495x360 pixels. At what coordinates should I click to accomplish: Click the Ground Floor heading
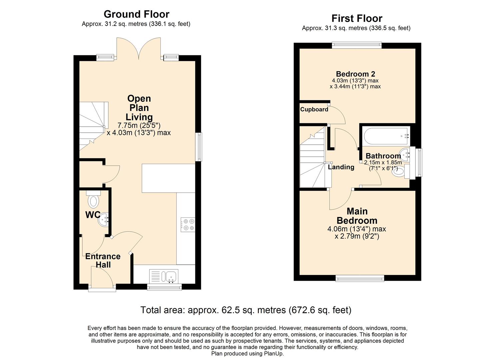[x=136, y=14]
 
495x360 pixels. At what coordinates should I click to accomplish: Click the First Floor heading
[x=357, y=18]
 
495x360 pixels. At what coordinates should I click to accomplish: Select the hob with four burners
[x=188, y=224]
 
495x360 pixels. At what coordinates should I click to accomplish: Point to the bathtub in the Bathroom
[x=386, y=136]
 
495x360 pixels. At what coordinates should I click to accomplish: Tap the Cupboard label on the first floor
[x=314, y=109]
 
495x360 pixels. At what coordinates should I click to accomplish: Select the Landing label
[x=341, y=167]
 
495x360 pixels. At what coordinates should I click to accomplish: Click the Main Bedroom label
[x=357, y=216]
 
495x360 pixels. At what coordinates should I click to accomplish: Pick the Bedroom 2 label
[x=355, y=74]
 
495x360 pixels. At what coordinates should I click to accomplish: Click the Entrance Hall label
[x=103, y=260]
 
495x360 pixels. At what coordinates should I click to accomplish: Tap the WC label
[x=92, y=215]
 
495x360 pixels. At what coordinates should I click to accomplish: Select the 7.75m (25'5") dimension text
[x=139, y=125]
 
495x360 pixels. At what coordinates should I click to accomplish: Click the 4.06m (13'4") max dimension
[x=357, y=229]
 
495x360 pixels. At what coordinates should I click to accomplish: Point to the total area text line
[x=246, y=310]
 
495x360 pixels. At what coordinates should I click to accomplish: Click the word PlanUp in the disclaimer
[x=274, y=354]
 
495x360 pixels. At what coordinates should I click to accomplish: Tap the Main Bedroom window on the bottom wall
[x=360, y=278]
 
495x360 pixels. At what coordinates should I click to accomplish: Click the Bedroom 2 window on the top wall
[x=357, y=45]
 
